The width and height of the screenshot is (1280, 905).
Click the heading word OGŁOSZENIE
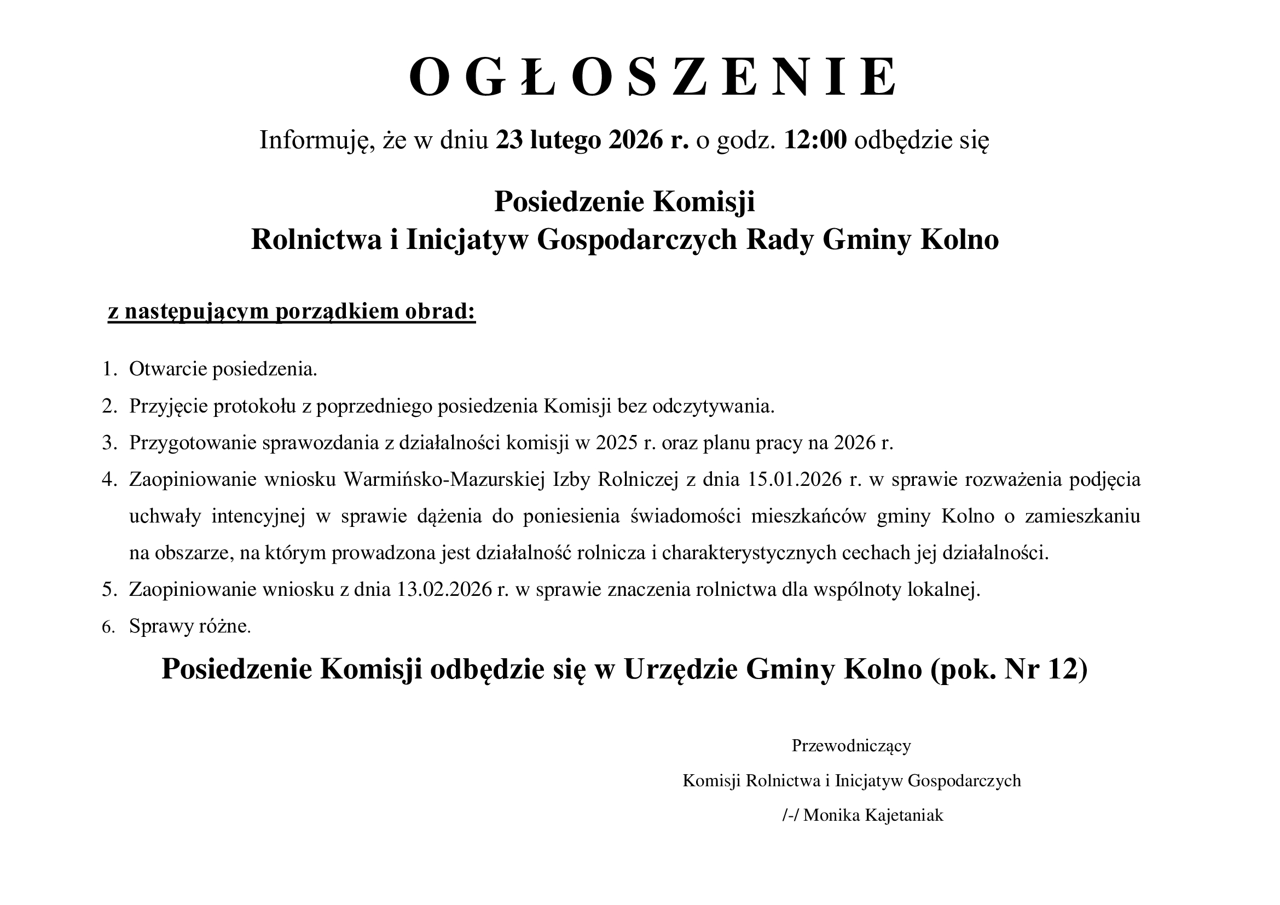point(653,79)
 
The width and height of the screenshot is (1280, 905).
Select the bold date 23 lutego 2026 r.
point(592,141)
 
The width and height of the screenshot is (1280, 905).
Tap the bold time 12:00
point(815,141)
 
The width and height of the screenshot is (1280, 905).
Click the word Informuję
point(316,141)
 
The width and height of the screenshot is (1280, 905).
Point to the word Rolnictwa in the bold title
point(316,240)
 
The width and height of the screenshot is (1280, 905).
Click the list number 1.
point(108,369)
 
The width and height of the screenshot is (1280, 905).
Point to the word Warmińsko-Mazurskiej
point(444,480)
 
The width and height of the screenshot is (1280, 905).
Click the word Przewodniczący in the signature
point(852,746)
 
